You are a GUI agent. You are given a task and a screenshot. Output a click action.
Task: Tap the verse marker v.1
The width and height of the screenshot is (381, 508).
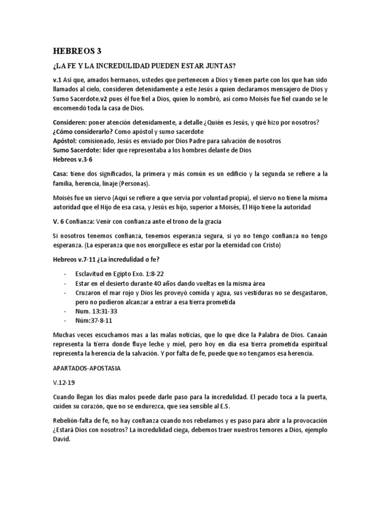point(56,80)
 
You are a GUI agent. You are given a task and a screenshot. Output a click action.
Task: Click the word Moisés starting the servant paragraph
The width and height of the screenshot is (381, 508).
point(63,198)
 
